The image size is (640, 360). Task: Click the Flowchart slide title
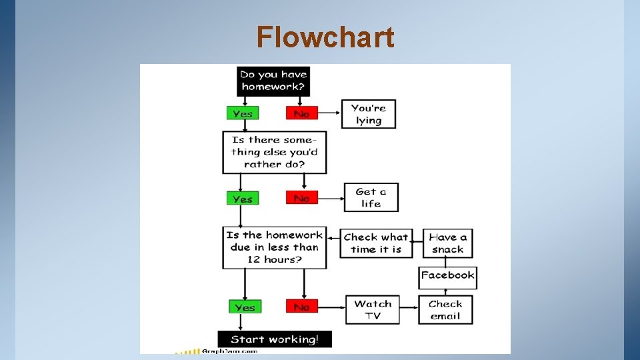coord(325,37)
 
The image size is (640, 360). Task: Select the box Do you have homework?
coord(273,81)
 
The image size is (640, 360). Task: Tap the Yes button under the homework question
coord(243,113)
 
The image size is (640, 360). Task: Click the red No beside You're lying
coord(301,113)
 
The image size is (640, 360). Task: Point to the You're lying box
coord(369,114)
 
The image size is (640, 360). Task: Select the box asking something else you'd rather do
coord(274,152)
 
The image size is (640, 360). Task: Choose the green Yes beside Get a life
coord(243,198)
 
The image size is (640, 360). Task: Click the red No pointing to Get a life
coord(301,198)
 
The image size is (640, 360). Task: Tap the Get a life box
coord(371,197)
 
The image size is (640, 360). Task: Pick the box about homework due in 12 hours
coord(274,247)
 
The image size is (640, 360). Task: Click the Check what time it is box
coord(377,243)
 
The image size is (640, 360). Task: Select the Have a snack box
coord(447,243)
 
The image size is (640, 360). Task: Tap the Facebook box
coord(447,275)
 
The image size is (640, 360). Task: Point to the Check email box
coord(445,309)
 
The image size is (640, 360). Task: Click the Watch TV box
coord(373,309)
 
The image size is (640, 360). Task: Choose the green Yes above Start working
coord(245,307)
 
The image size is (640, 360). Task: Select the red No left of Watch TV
coord(301,307)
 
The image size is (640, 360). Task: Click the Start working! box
coord(275,339)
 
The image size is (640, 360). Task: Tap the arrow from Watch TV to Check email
coord(409,309)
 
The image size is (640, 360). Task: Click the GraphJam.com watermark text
coord(229,351)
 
